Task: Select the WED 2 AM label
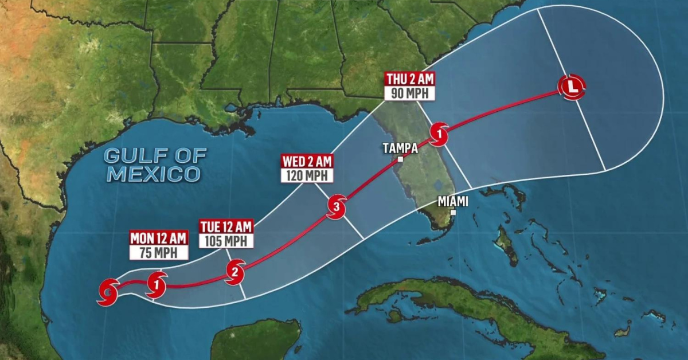[x=306, y=162]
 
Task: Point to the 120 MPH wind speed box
[x=306, y=175]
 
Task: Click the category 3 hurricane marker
[x=337, y=206]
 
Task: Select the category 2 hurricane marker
[x=235, y=272]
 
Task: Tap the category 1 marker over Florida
[x=439, y=135]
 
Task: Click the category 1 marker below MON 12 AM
[x=157, y=284]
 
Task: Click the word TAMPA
[x=400, y=148]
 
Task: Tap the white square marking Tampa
[x=400, y=159]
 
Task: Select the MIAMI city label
[x=453, y=201]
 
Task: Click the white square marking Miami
[x=452, y=212]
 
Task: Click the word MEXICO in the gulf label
[x=154, y=173]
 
